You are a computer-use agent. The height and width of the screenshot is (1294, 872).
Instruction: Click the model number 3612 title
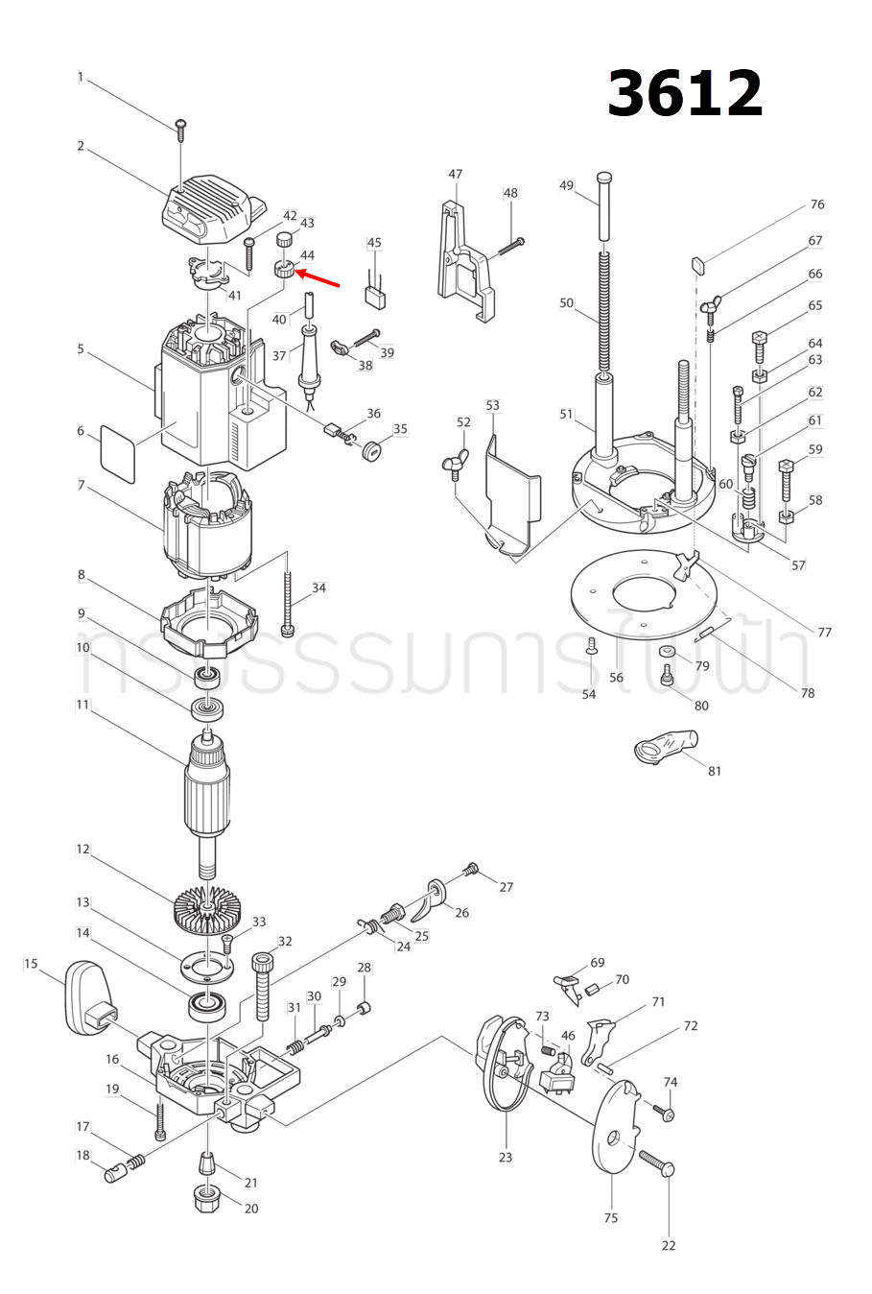click(685, 94)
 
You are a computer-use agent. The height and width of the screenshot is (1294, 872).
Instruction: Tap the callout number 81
click(715, 771)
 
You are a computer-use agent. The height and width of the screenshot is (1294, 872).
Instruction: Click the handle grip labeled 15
click(87, 999)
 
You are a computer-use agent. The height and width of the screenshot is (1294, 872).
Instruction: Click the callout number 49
click(566, 186)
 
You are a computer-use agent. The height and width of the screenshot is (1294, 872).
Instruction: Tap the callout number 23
click(506, 1158)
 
